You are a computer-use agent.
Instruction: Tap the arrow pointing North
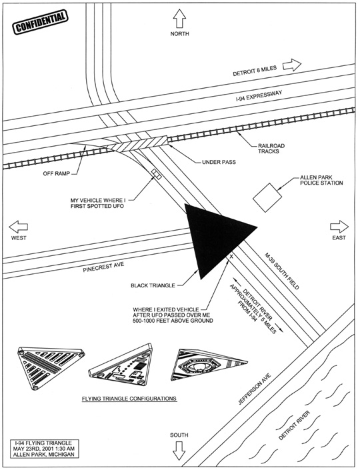pyautogui.click(x=180, y=17)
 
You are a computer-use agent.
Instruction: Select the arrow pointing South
pyautogui.click(x=179, y=453)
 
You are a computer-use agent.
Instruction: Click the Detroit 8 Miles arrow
pyautogui.click(x=291, y=65)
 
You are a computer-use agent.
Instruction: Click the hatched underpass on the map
pyautogui.click(x=140, y=143)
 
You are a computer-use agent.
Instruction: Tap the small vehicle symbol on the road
pyautogui.click(x=157, y=174)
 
